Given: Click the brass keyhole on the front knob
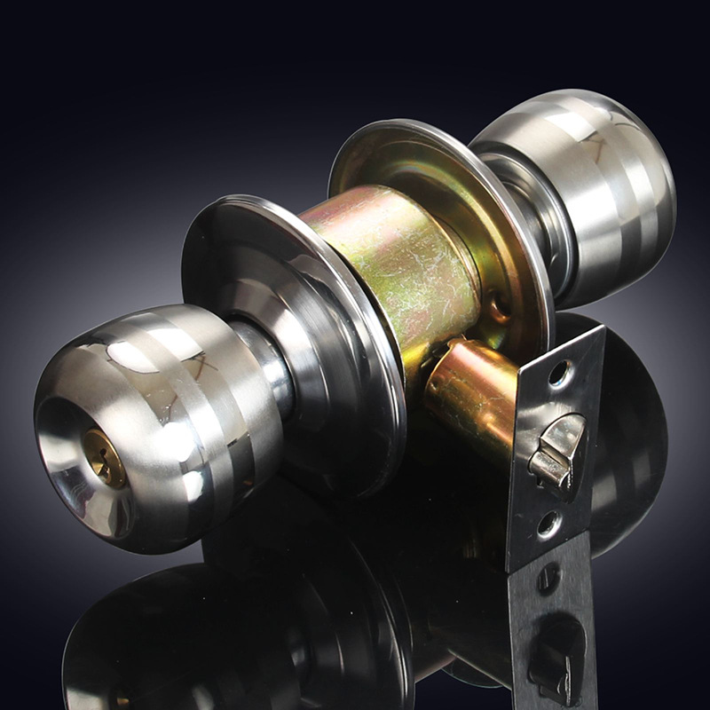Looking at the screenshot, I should point(106,458).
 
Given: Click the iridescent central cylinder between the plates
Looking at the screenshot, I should point(390,266).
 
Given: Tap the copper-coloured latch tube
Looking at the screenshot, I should point(470,390).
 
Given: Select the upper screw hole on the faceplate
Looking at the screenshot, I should point(559,373).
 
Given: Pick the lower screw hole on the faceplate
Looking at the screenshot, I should point(548,524).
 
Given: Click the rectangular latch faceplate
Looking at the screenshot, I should point(555,444).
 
